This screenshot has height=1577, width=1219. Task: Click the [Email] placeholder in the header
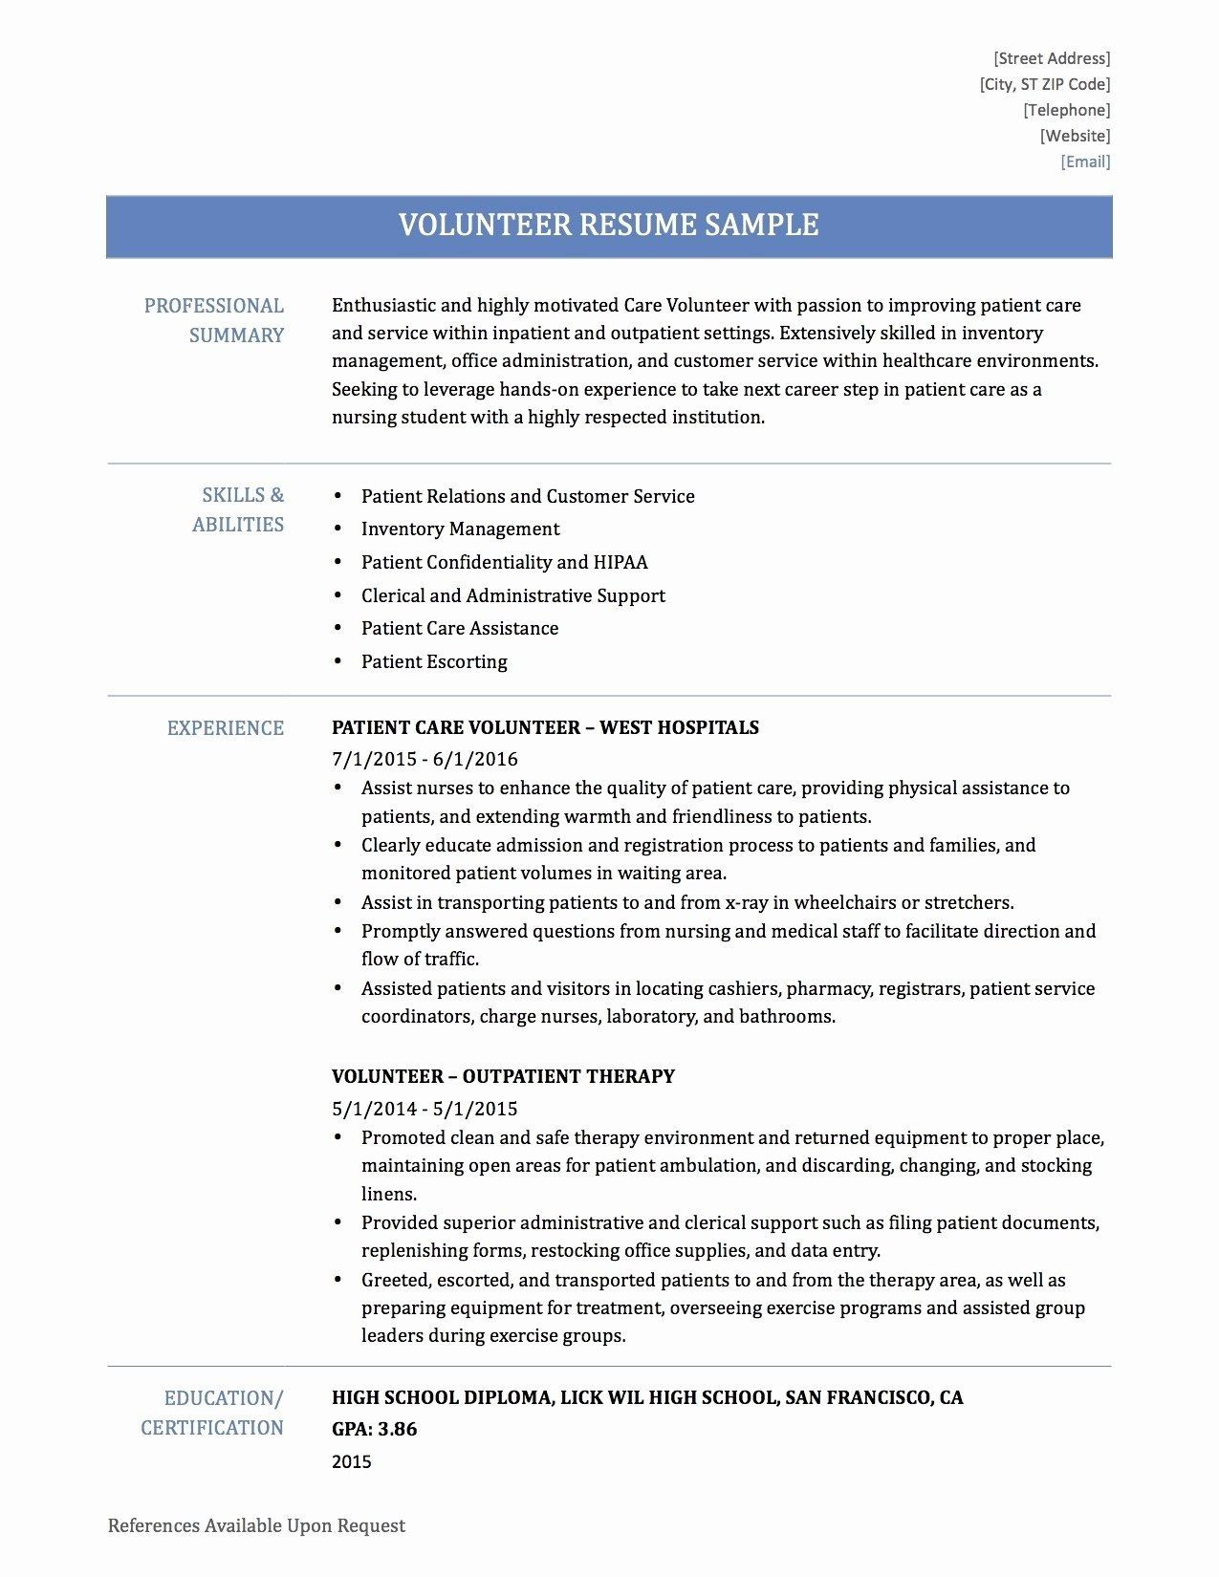pos(1085,162)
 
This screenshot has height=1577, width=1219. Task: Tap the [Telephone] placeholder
pos(1067,110)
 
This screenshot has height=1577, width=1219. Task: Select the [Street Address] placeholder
pos(1052,58)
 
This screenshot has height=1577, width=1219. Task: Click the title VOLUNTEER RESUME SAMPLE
pos(608,226)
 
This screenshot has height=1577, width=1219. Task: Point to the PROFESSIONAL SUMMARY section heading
pos(214,320)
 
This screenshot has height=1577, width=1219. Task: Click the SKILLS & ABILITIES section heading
pos(238,509)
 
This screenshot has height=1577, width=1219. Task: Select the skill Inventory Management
pos(460,529)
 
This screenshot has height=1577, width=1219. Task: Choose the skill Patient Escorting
pos(434,661)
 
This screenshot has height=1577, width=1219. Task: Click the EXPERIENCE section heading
pos(226,728)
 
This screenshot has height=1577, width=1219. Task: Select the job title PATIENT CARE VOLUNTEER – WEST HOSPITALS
pos(545,727)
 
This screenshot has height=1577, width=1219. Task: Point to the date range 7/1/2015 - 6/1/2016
pos(424,759)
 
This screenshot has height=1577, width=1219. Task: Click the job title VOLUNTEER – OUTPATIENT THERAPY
pos(503,1076)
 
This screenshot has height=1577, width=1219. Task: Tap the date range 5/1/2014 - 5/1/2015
pos(424,1109)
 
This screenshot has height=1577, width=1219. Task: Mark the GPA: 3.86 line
pos(374,1430)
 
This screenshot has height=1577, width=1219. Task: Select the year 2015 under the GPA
pos(351,1461)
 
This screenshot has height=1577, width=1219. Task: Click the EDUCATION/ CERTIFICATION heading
pos(212,1413)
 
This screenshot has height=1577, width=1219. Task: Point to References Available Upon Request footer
pos(256,1526)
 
